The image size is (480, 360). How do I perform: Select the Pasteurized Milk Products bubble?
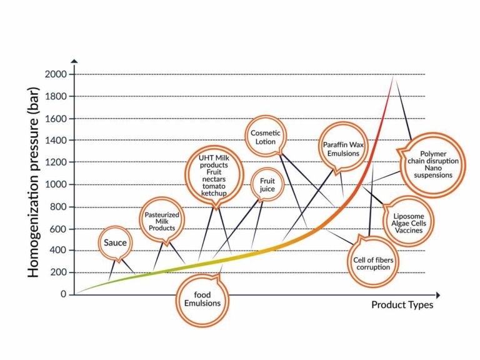159,221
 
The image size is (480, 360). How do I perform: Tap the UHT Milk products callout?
214,173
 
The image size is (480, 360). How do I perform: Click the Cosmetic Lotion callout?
266,137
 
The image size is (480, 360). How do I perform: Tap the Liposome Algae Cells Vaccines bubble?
407,221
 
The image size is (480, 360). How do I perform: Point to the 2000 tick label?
56,74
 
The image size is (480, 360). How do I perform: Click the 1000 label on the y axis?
56,184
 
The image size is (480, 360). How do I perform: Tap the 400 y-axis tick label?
59,251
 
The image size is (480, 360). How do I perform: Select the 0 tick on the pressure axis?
64,294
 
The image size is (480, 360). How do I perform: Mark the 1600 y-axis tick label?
56,119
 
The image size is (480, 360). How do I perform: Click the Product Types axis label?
402,305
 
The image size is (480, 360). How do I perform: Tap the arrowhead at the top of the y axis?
74,61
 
